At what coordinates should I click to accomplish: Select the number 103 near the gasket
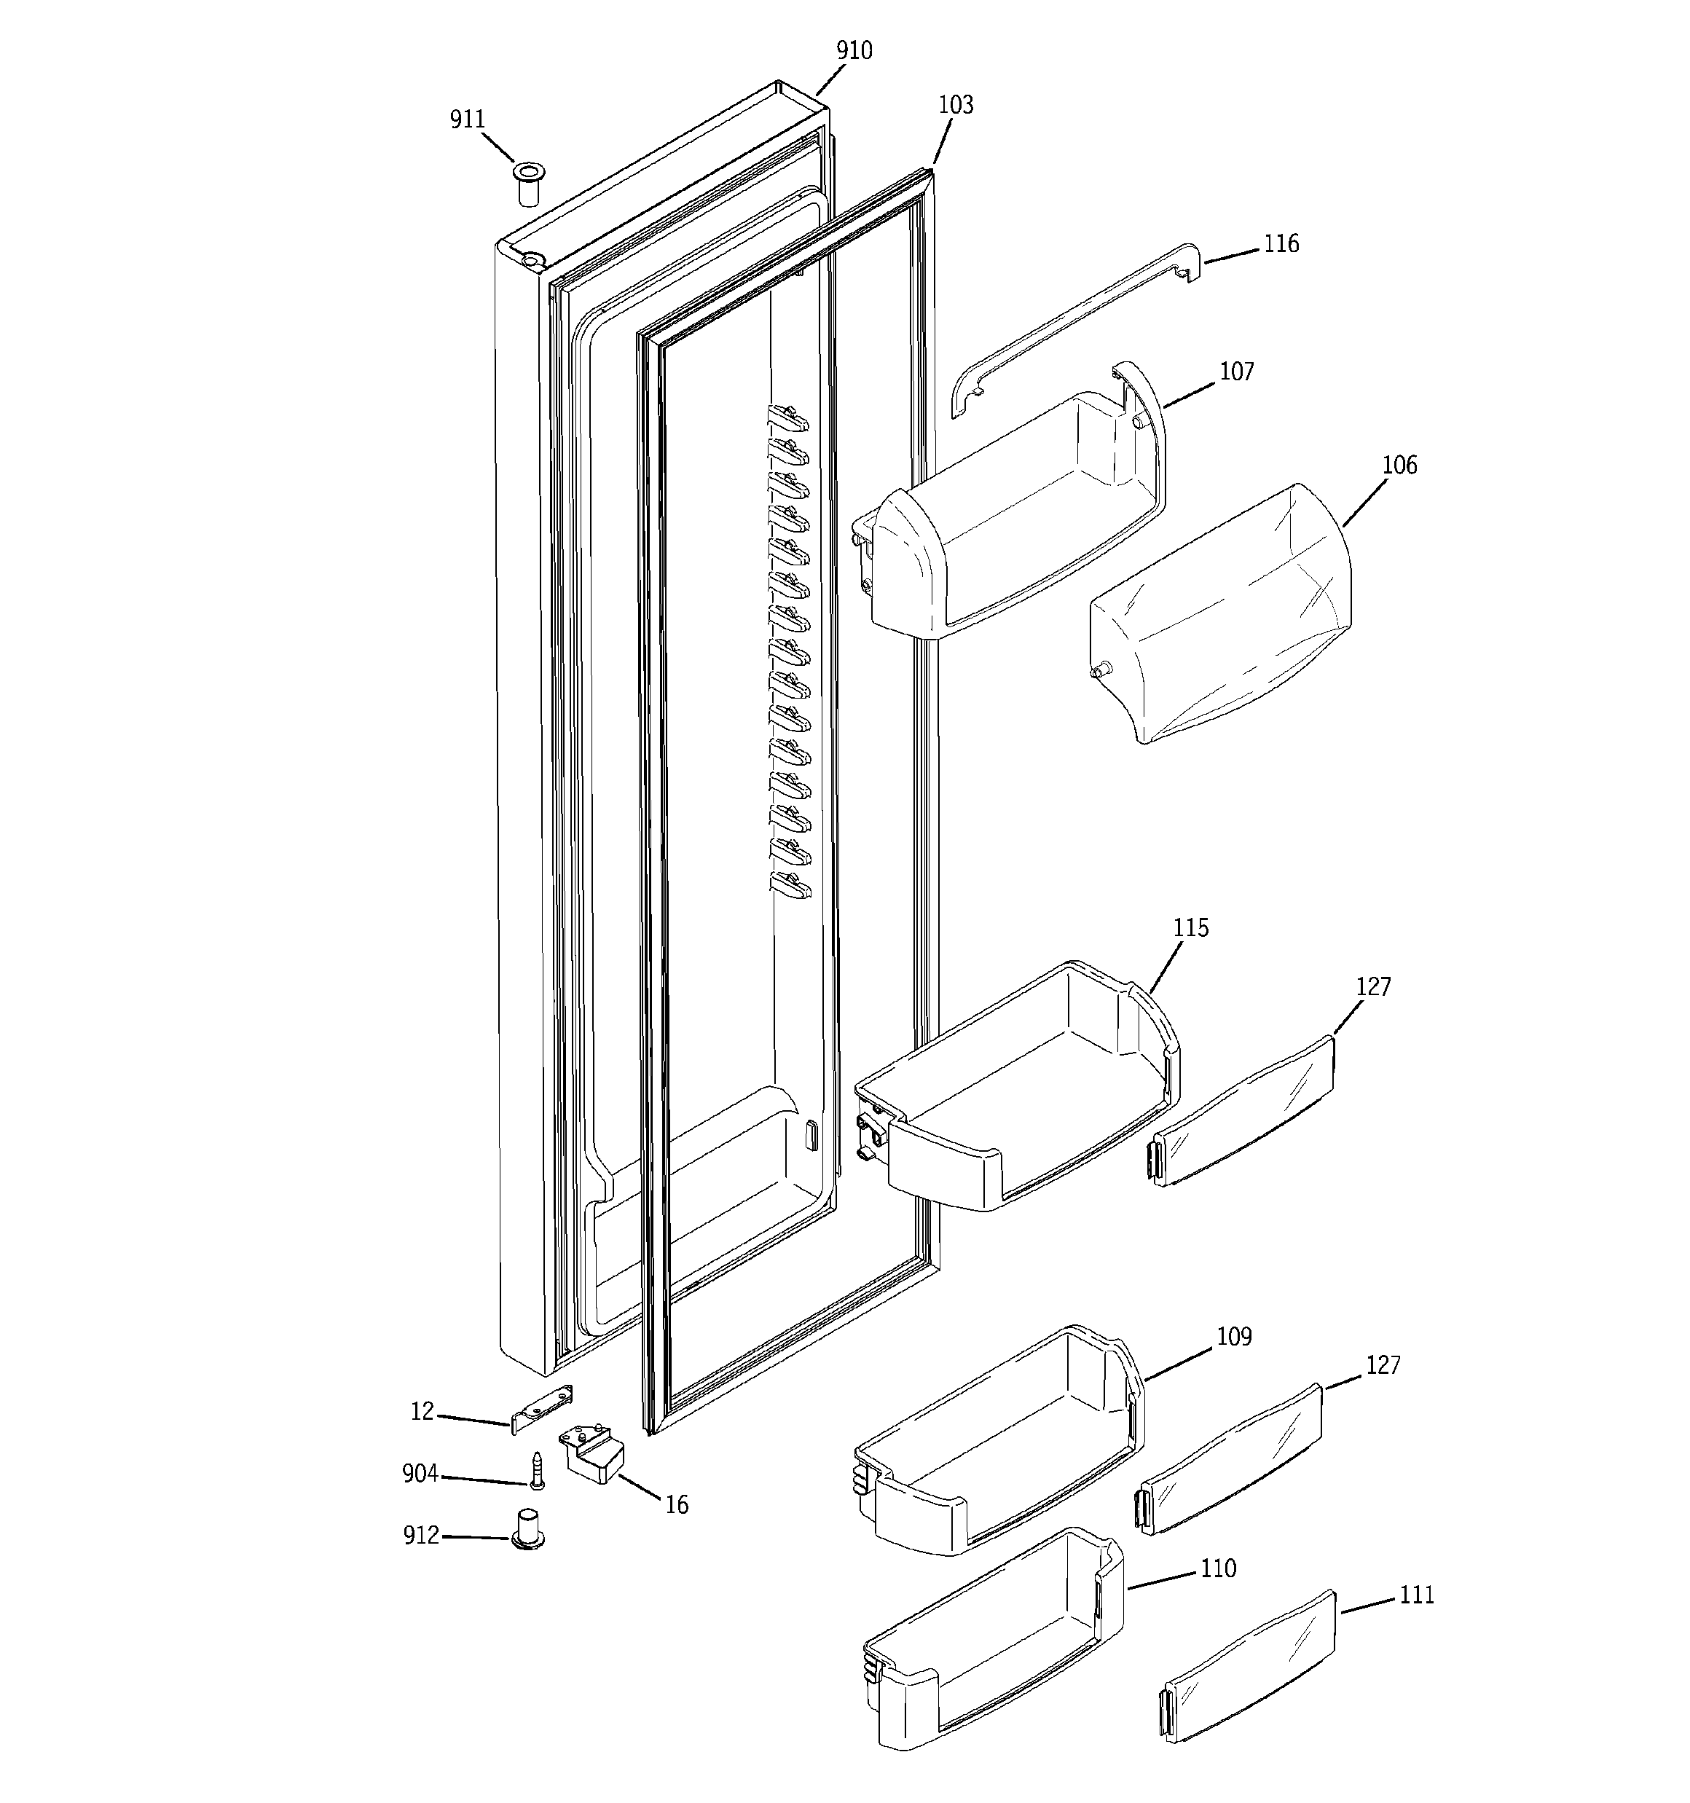[x=955, y=105]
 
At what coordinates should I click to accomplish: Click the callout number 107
[x=1236, y=372]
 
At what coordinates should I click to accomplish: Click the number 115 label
[x=1190, y=928]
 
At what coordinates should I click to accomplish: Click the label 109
[x=1234, y=1337]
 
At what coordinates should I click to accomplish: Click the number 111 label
[x=1416, y=1595]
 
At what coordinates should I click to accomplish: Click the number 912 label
[x=421, y=1536]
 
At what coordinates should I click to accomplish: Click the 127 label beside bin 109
[x=1383, y=1365]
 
